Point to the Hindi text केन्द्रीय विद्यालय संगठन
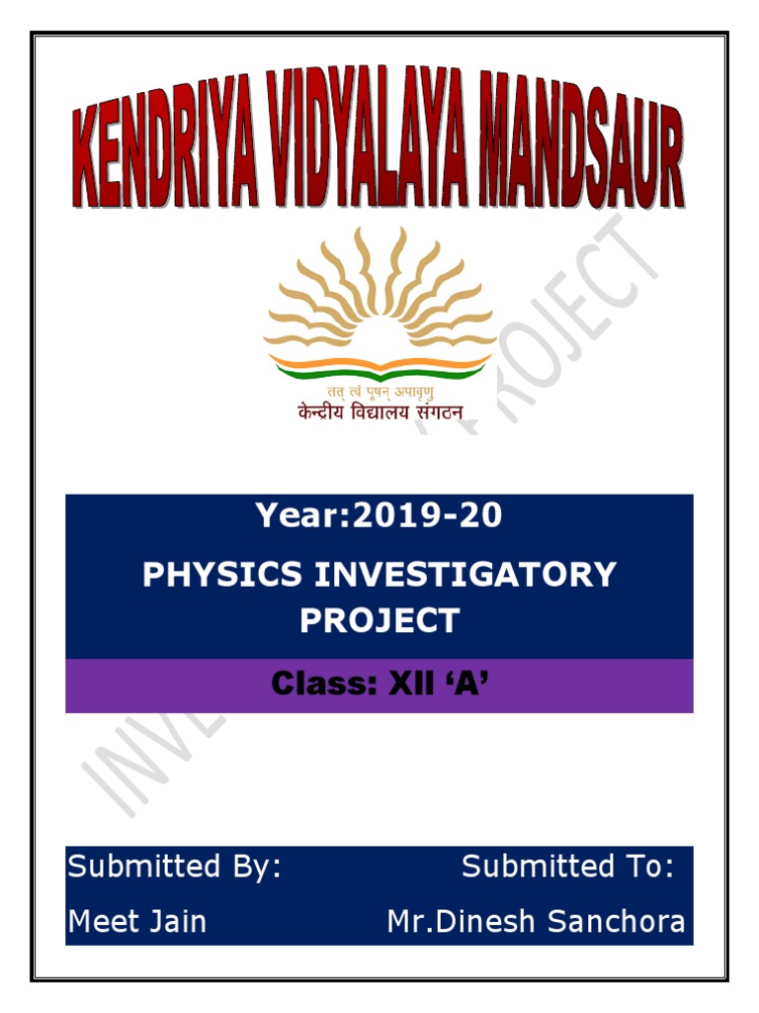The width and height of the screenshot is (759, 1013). click(x=379, y=413)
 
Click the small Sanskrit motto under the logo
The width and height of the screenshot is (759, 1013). click(x=379, y=393)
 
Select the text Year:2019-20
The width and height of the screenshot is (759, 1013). click(x=379, y=515)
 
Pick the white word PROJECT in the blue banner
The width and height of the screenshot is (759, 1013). click(x=379, y=621)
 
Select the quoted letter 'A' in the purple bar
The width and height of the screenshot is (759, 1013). click(x=461, y=685)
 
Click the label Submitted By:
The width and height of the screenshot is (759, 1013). click(x=174, y=868)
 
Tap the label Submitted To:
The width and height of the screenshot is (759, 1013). click(x=568, y=868)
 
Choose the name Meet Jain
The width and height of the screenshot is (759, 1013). click(x=137, y=922)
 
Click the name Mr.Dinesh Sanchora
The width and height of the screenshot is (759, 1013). click(x=536, y=922)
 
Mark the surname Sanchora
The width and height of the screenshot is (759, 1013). click(x=617, y=922)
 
